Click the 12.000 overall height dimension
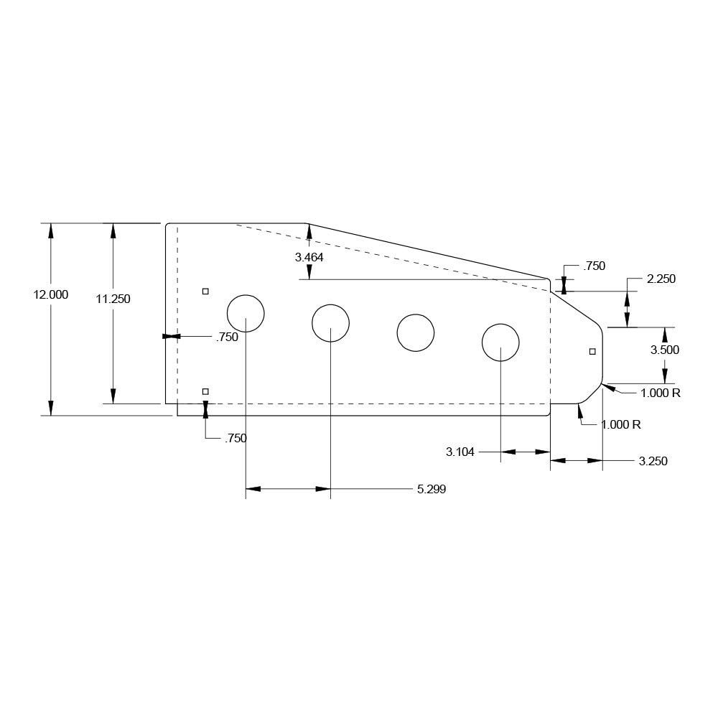(x=51, y=294)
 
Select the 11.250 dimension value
(x=113, y=299)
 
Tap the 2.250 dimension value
(x=661, y=279)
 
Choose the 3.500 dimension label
(x=665, y=350)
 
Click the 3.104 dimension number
(x=460, y=452)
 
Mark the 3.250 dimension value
(x=653, y=461)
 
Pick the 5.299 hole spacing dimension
(x=432, y=490)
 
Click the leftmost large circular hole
(x=246, y=314)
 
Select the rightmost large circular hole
(x=500, y=342)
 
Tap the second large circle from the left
(x=330, y=323)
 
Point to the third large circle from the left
(x=416, y=333)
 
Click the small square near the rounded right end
(x=592, y=351)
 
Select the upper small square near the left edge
(x=205, y=291)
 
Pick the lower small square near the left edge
(x=205, y=391)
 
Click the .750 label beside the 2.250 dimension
(x=594, y=266)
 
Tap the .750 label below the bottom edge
(x=236, y=438)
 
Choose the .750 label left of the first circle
(x=227, y=337)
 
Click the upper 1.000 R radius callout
(x=661, y=393)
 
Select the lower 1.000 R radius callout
(x=621, y=424)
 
